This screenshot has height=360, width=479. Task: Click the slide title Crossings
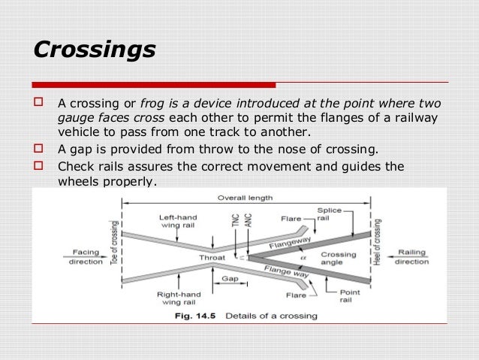[95, 50]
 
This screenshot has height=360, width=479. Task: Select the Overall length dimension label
[246, 198]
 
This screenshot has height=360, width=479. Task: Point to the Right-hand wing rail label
[178, 299]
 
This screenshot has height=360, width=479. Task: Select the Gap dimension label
[230, 278]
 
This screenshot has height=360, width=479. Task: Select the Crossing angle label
[338, 259]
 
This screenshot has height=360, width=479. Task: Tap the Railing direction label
[411, 256]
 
